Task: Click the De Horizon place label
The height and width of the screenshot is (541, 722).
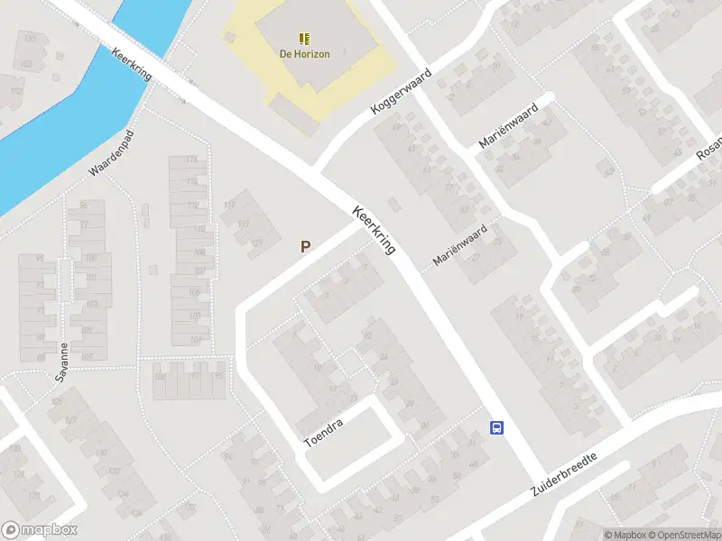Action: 304,54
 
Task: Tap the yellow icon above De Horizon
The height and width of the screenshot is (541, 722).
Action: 304,38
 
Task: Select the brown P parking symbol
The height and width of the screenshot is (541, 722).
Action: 306,246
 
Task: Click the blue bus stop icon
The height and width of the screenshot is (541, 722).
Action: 496,427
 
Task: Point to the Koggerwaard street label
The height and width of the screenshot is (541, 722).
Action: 402,96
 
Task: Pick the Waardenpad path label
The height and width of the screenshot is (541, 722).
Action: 111,155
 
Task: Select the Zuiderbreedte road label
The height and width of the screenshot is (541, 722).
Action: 564,471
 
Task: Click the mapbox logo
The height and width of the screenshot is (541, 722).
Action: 40,529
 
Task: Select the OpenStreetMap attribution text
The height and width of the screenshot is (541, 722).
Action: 685,535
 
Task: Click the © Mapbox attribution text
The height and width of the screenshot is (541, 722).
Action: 625,535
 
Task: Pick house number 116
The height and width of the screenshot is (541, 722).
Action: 190,160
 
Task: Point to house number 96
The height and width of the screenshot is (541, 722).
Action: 84,206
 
